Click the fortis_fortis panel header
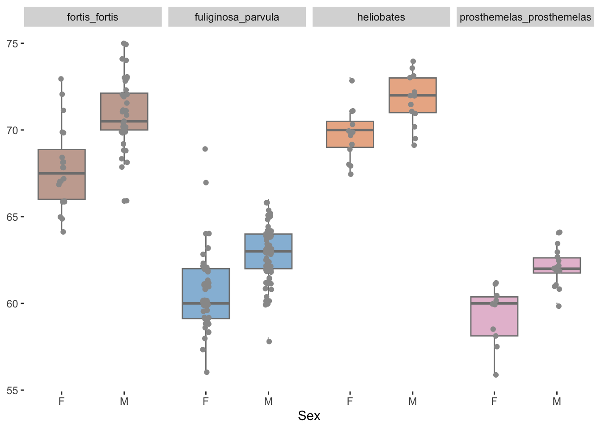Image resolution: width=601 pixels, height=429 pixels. point(93,17)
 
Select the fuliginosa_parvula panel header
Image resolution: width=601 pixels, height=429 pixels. point(237,17)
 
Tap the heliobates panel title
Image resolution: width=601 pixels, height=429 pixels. point(381,17)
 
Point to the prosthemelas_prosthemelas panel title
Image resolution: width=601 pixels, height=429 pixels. point(525,17)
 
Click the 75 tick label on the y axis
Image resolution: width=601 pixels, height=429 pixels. point(12,44)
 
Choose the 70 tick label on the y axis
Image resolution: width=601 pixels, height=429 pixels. point(12,130)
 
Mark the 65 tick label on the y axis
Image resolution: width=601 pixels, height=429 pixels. point(12,217)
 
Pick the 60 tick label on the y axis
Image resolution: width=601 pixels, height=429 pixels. point(12,304)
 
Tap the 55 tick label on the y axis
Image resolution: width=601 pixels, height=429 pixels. point(12,391)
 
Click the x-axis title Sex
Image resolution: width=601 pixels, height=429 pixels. point(309,416)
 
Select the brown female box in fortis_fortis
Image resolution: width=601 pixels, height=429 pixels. point(62,174)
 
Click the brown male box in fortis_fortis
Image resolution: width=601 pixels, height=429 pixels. point(124,111)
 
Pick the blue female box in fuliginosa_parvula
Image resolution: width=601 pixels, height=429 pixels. point(206,294)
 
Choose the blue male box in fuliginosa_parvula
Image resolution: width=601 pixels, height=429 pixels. point(268,251)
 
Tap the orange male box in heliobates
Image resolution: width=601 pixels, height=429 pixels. point(412,95)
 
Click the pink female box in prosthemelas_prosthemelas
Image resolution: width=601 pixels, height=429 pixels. point(494,316)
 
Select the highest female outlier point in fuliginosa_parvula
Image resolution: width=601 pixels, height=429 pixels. point(205,149)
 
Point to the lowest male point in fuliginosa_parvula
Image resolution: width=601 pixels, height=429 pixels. point(269,341)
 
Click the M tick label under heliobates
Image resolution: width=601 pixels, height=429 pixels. point(412,401)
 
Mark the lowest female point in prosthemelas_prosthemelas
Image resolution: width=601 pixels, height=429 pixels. point(496,375)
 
